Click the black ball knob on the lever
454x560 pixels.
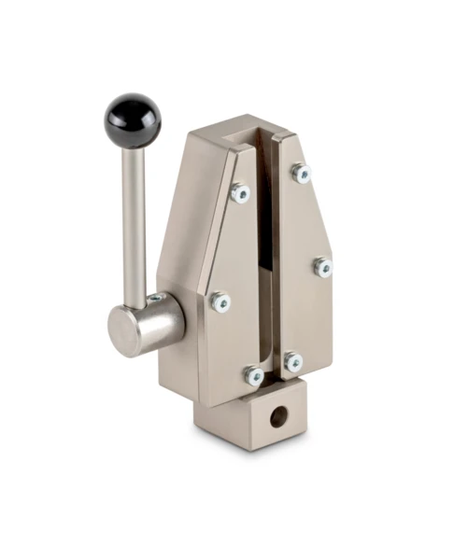pos(132,119)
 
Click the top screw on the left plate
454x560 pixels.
pos(240,193)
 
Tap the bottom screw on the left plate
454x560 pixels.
pos(253,375)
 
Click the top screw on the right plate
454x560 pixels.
pos(300,173)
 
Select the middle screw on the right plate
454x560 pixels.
pos(322,267)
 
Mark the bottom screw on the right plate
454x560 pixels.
pos(293,362)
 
